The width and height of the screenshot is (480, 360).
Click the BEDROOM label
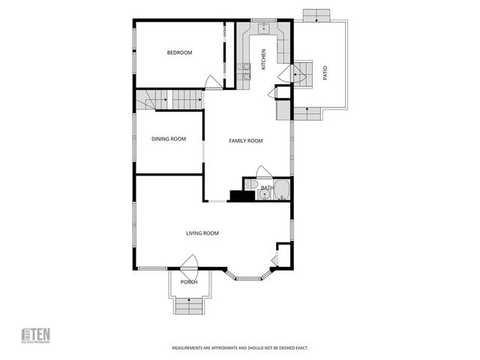click(179, 52)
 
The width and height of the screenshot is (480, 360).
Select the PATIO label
click(325, 73)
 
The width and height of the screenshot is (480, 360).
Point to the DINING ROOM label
click(169, 139)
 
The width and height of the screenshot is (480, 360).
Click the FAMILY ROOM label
click(245, 141)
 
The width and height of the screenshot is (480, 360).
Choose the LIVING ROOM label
click(202, 233)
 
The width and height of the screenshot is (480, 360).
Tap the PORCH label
click(189, 282)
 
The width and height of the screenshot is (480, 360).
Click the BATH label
click(266, 188)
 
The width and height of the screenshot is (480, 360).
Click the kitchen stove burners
click(244, 72)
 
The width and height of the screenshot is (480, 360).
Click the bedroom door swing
click(213, 83)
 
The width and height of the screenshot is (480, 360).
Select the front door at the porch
click(190, 263)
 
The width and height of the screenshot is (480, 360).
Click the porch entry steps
click(189, 306)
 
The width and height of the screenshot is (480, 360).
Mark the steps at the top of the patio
click(316, 15)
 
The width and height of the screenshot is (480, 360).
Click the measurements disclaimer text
click(240, 348)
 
